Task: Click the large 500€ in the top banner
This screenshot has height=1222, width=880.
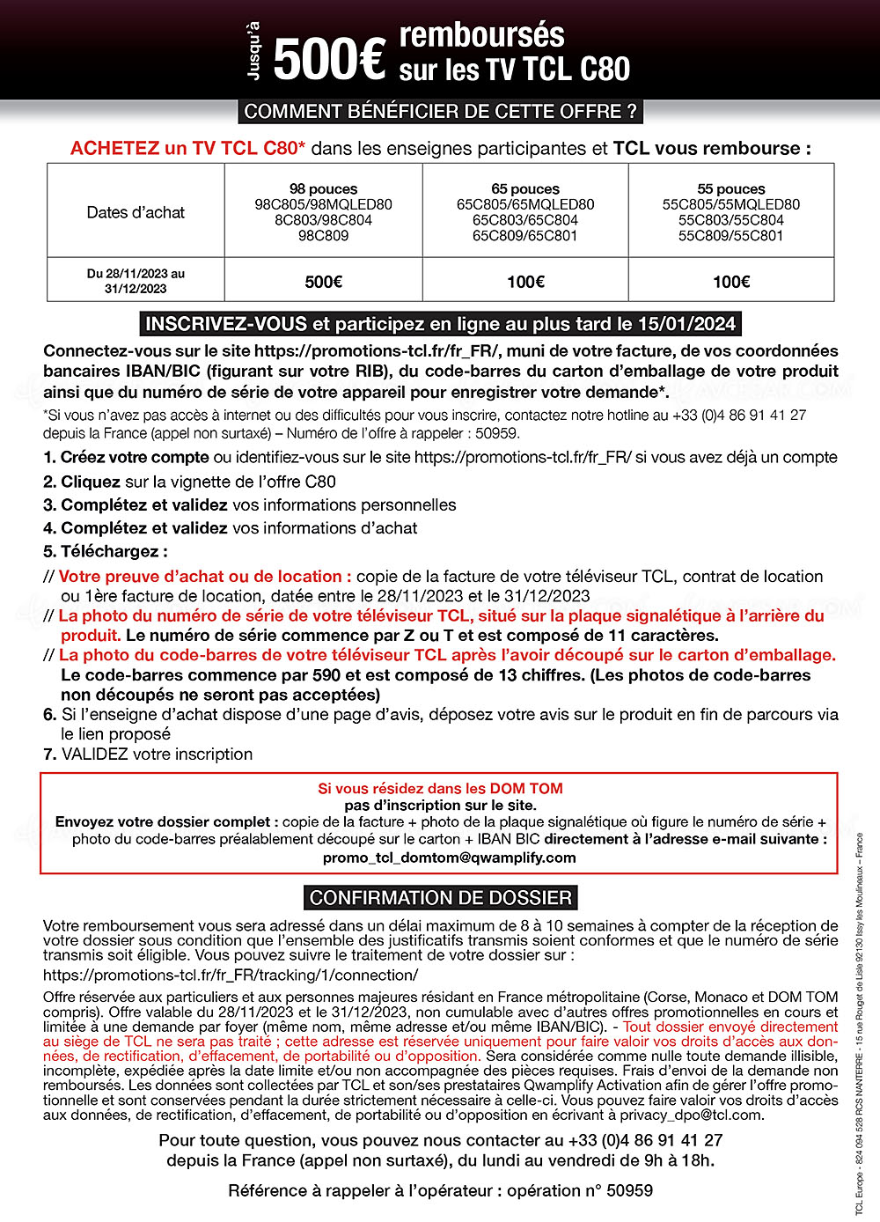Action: pos(329,59)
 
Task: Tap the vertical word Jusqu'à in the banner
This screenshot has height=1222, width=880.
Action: pos(254,51)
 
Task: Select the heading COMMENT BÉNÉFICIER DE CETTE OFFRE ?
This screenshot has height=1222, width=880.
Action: pos(440,112)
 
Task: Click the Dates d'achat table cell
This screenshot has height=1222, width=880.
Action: pos(136,212)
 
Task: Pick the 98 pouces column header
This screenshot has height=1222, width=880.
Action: pos(323,189)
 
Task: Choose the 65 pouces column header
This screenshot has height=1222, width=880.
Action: pos(525,189)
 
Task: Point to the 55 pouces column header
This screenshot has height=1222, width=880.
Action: pos(731,189)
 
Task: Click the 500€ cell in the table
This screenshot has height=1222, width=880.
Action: pos(323,282)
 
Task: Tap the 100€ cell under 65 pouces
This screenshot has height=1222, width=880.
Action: pos(525,282)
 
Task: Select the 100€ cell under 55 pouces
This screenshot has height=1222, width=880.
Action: pos(731,282)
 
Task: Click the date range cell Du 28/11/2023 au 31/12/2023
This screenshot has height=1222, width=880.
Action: pos(136,281)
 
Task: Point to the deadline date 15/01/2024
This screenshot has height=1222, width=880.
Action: pos(686,324)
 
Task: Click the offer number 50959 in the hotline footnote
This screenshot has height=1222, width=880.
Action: pos(497,433)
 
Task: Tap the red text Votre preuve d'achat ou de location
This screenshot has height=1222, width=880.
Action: pos(205,577)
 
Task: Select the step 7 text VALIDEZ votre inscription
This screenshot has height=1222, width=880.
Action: pos(157,755)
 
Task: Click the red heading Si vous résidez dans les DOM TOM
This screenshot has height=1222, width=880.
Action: pos(440,789)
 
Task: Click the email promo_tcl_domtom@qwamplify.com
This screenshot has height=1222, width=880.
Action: pos(449,858)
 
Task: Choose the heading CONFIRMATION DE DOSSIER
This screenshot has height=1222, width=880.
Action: pos(441,898)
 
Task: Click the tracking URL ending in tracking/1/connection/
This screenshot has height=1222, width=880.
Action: pos(231,975)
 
